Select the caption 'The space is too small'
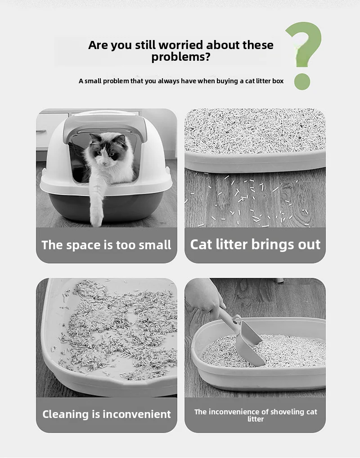point(106,245)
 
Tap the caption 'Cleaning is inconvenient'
point(106,414)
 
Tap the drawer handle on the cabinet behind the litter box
point(41,131)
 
